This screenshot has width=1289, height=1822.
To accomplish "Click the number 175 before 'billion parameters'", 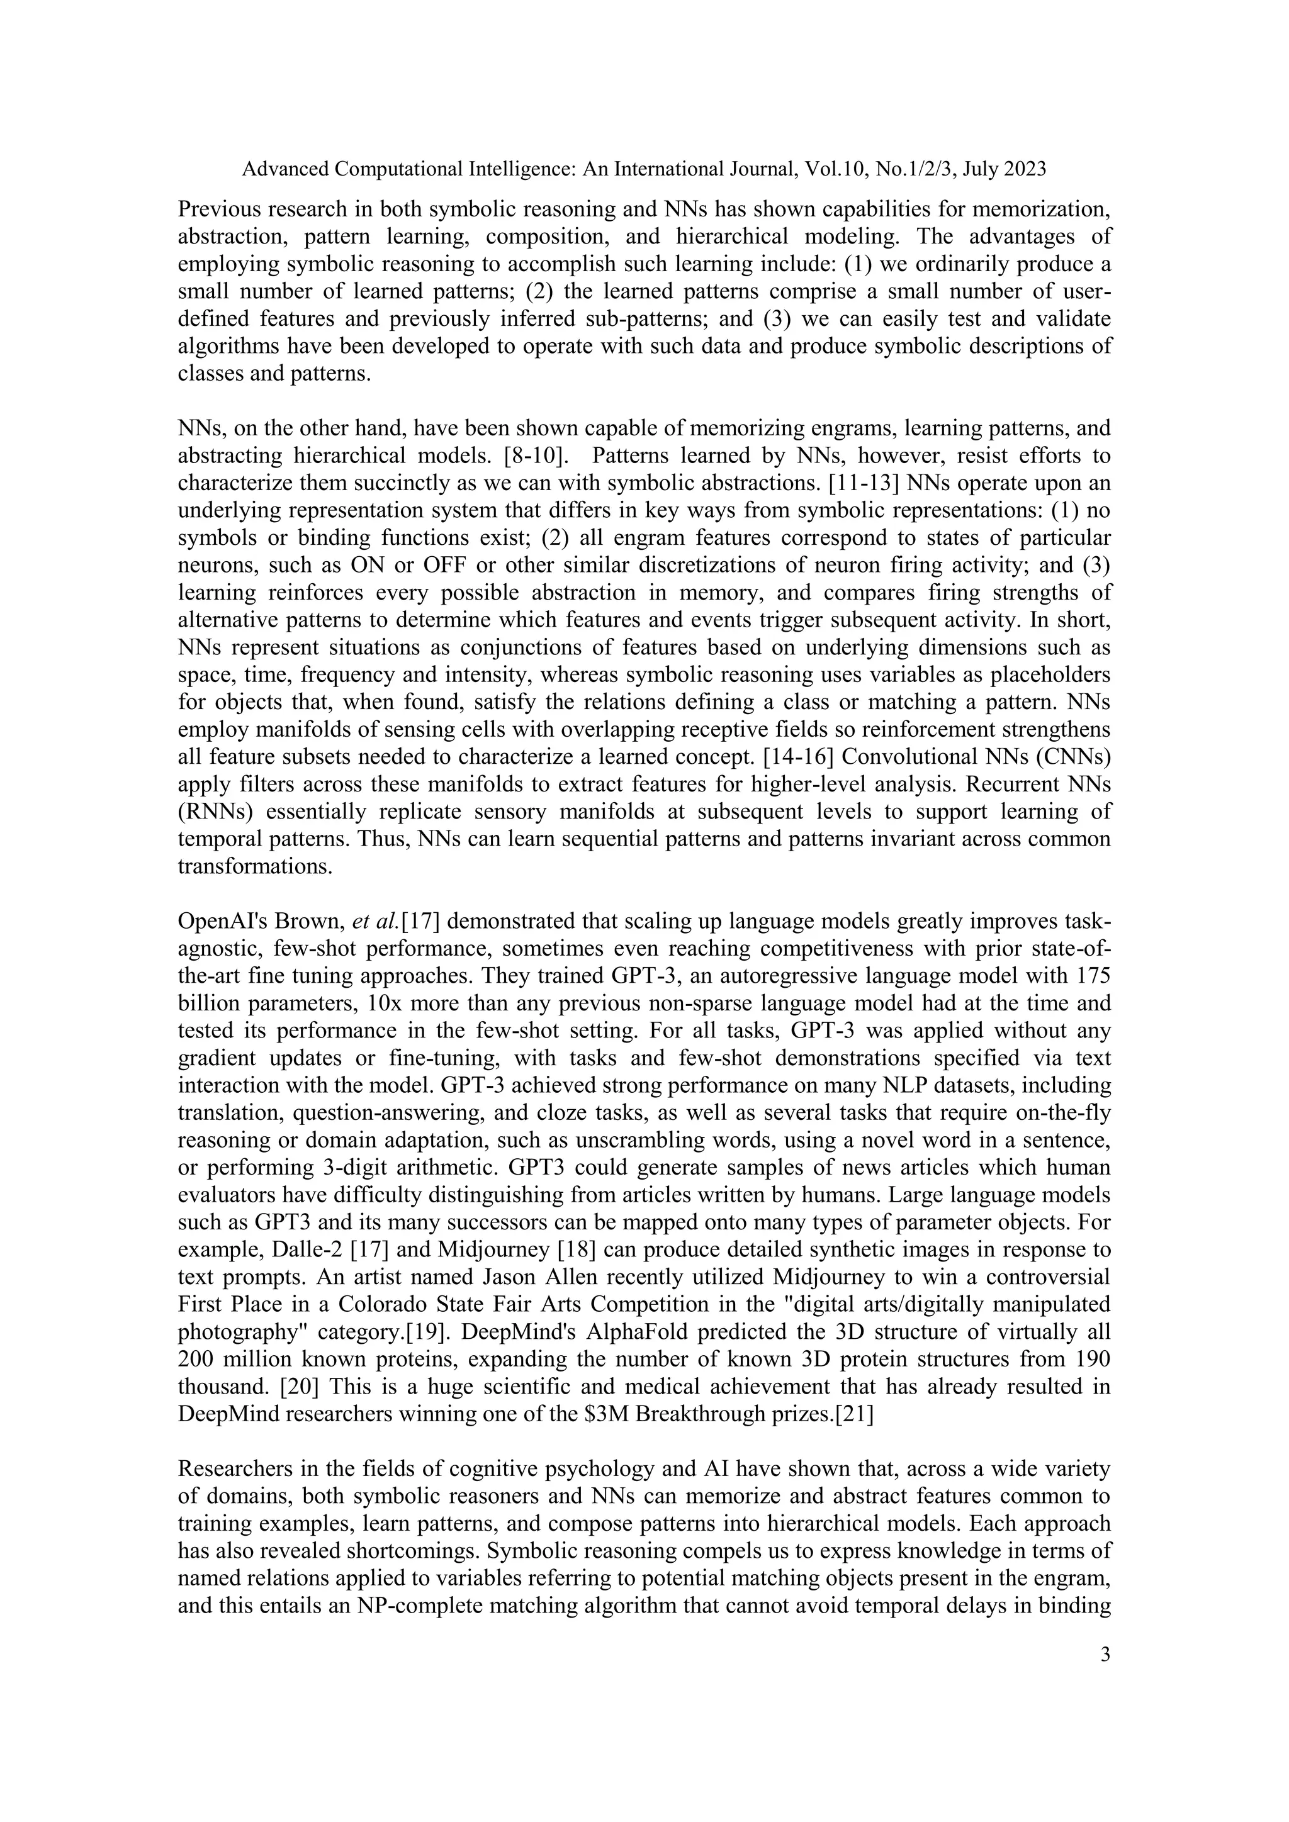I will (x=1094, y=976).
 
